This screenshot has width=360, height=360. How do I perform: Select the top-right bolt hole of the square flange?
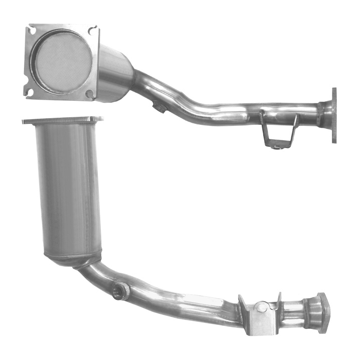(x=92, y=31)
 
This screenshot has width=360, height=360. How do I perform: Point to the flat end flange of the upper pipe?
(x=333, y=115)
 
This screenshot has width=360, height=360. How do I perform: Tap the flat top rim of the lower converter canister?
(x=63, y=120)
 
